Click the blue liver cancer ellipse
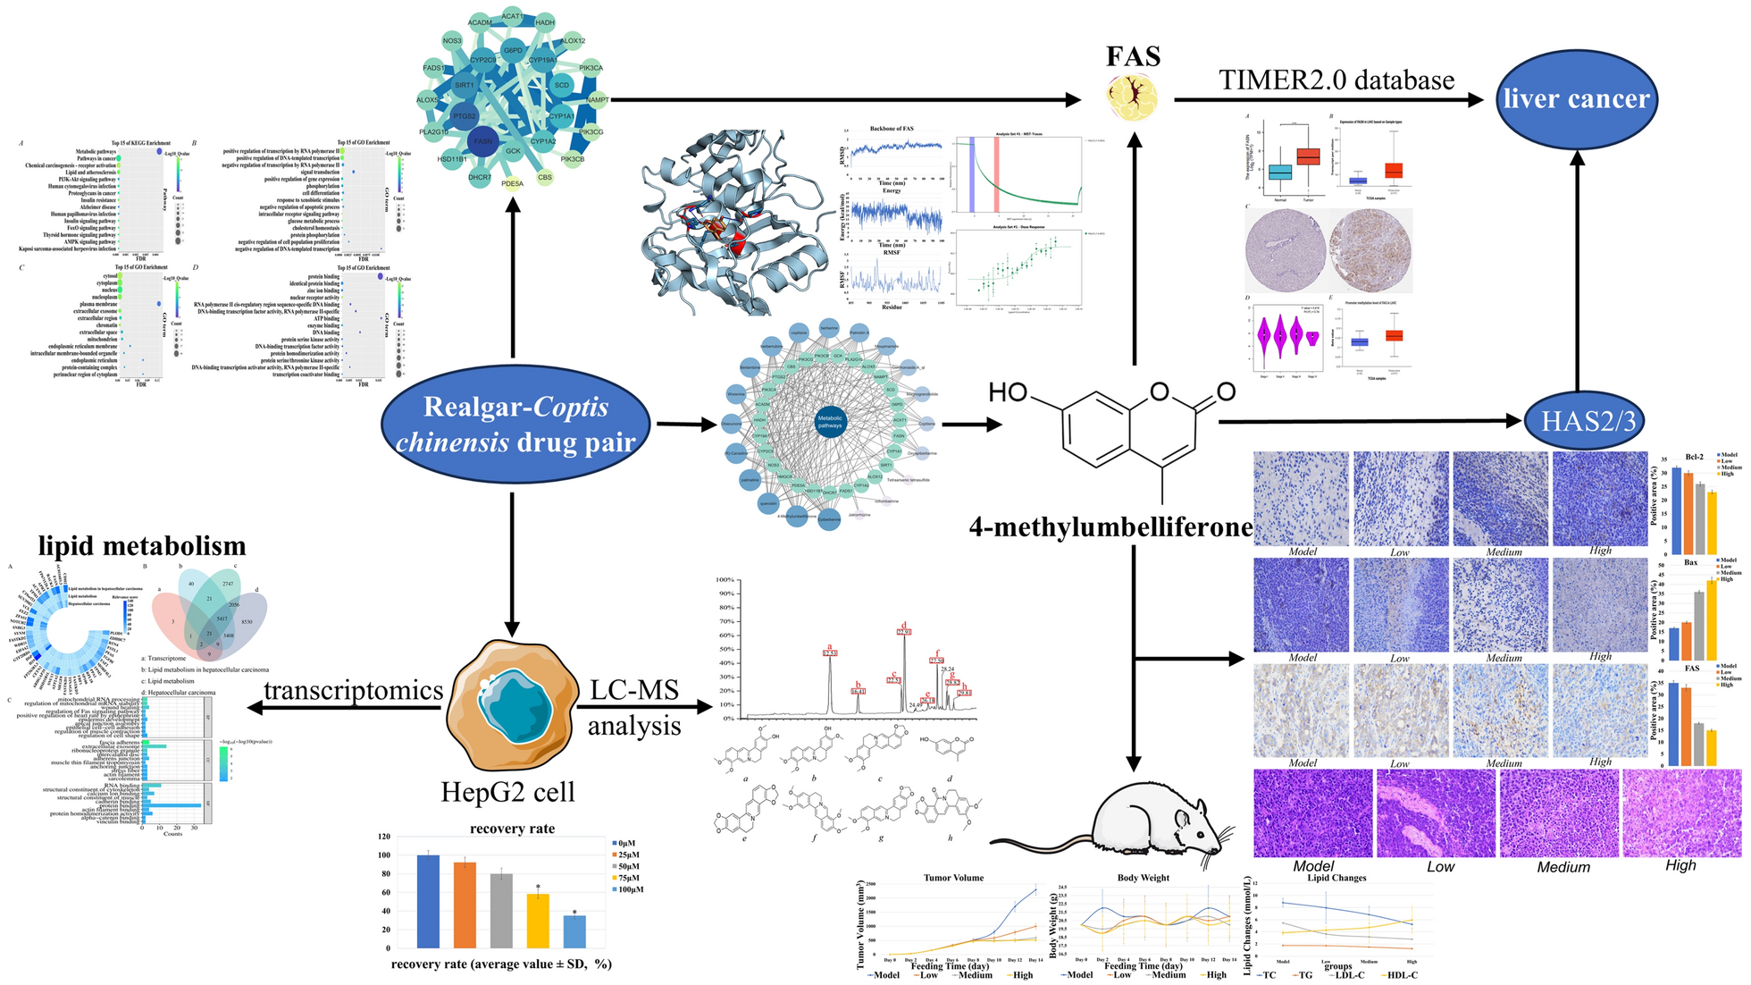pyautogui.click(x=1576, y=98)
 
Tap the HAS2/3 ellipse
pyautogui.click(x=1588, y=420)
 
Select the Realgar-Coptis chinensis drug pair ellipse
pyautogui.click(x=515, y=424)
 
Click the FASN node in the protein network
pyautogui.click(x=482, y=141)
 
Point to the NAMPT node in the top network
pyautogui.click(x=598, y=100)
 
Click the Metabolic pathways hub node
pyautogui.click(x=829, y=422)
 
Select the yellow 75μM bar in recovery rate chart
pyautogui.click(x=538, y=920)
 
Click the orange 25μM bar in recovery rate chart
pyautogui.click(x=465, y=905)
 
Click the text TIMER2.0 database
pyautogui.click(x=1336, y=80)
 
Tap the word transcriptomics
pyautogui.click(x=353, y=690)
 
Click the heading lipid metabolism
pyautogui.click(x=141, y=545)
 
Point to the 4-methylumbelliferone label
pyautogui.click(x=1110, y=527)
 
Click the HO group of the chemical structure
pyautogui.click(x=1008, y=392)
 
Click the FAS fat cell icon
pyautogui.click(x=1133, y=97)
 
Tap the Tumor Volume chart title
pyautogui.click(x=953, y=878)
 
